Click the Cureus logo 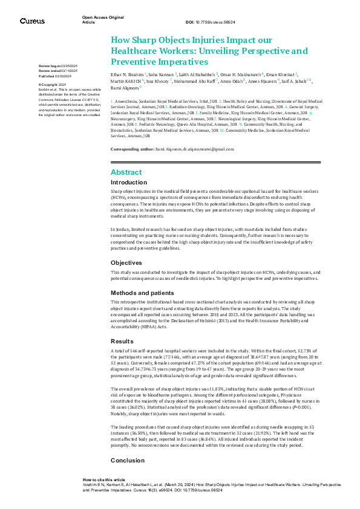(x=32, y=21)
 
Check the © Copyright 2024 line (x=53, y=84)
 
